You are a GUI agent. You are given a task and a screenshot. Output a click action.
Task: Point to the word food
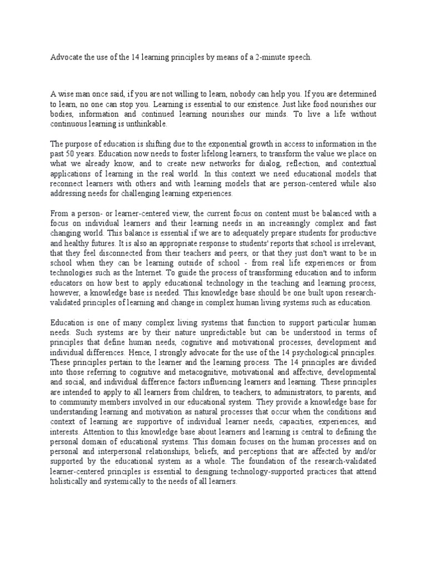click(x=327, y=104)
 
